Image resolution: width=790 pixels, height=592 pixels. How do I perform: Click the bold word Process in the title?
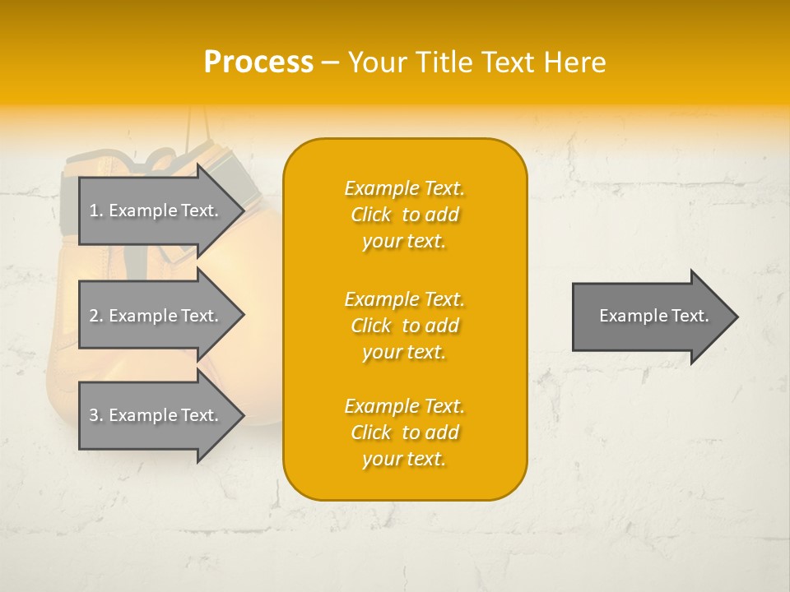(x=258, y=62)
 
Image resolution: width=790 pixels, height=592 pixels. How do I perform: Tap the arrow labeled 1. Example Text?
(x=156, y=210)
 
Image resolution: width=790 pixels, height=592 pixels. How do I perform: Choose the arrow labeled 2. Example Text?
(x=156, y=316)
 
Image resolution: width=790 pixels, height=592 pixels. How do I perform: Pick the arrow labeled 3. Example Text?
(x=156, y=415)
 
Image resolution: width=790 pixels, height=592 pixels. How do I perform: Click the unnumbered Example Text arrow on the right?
(x=653, y=317)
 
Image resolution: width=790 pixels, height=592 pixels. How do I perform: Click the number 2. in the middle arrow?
(x=96, y=316)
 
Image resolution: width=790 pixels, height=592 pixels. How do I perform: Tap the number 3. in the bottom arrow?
(x=96, y=415)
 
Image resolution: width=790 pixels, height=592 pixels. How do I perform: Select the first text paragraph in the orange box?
(x=404, y=215)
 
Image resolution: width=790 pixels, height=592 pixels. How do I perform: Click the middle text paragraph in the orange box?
(x=404, y=326)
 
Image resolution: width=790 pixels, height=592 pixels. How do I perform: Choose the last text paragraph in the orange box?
(x=404, y=432)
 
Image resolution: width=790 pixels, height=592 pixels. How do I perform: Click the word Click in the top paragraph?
(x=370, y=215)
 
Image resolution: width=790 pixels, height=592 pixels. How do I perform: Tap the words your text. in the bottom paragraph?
(x=404, y=459)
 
